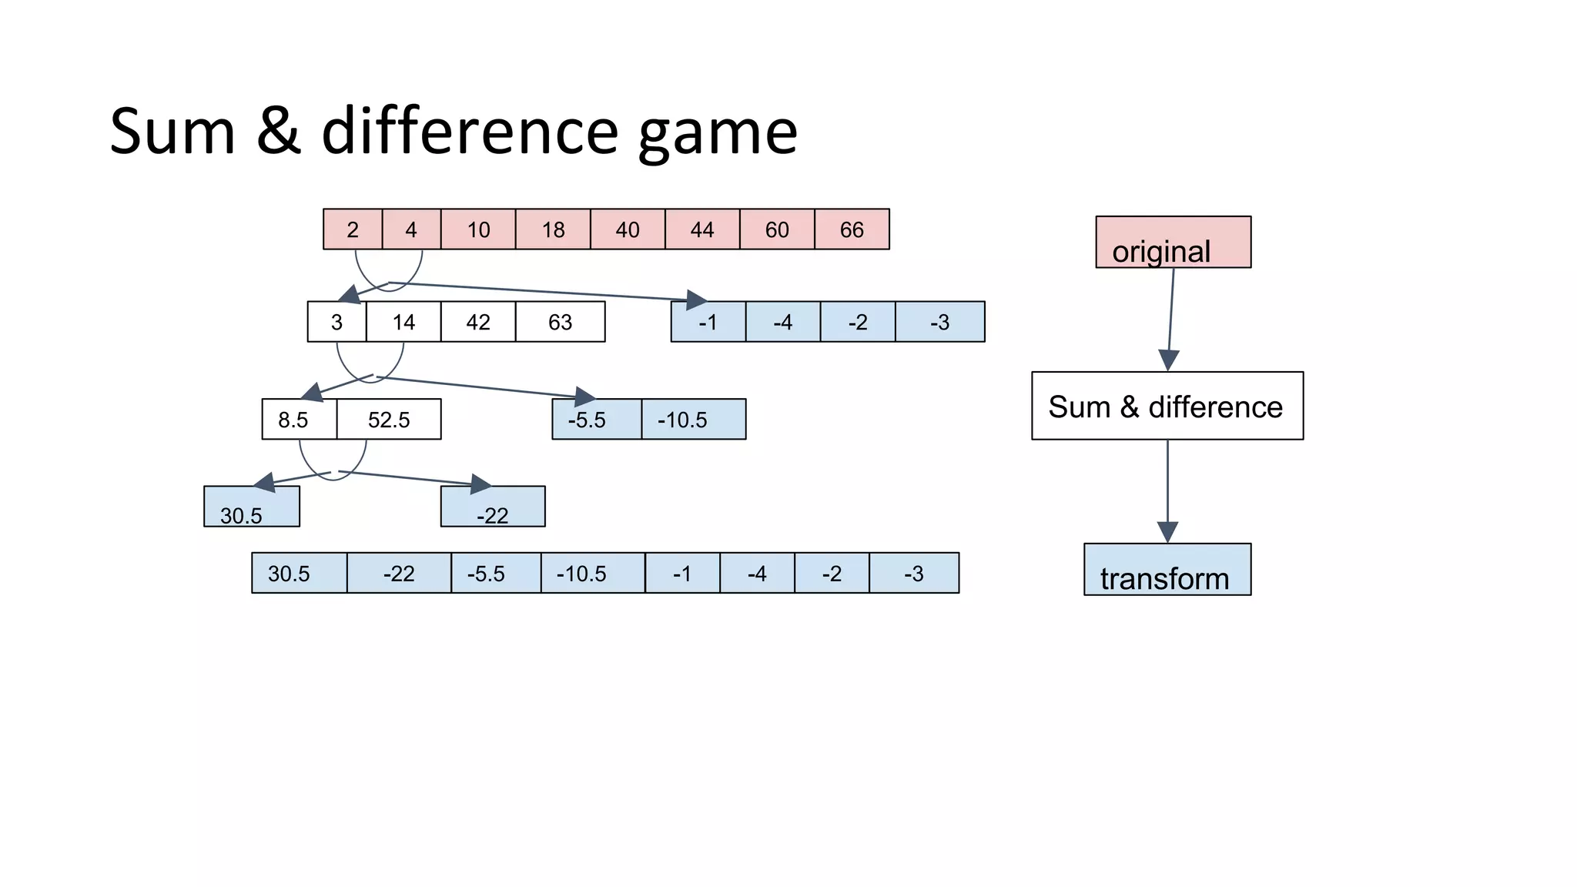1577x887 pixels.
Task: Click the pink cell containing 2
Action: (353, 229)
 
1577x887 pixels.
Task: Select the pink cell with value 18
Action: (553, 229)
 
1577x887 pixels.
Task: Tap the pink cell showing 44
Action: (701, 229)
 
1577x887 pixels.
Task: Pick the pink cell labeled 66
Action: (852, 229)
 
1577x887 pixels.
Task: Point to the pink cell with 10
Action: (478, 229)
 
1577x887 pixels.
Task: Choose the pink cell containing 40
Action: (628, 229)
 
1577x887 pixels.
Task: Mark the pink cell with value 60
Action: (777, 229)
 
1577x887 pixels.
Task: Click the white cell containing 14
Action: (403, 322)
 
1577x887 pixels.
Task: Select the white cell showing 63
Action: (560, 322)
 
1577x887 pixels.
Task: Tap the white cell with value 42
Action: (478, 322)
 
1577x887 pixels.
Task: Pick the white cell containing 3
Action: (336, 322)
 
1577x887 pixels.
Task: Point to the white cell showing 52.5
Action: (389, 420)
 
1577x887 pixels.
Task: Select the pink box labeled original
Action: (1173, 243)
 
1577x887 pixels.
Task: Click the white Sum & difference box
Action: (1167, 406)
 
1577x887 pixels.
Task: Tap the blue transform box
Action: (1167, 570)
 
